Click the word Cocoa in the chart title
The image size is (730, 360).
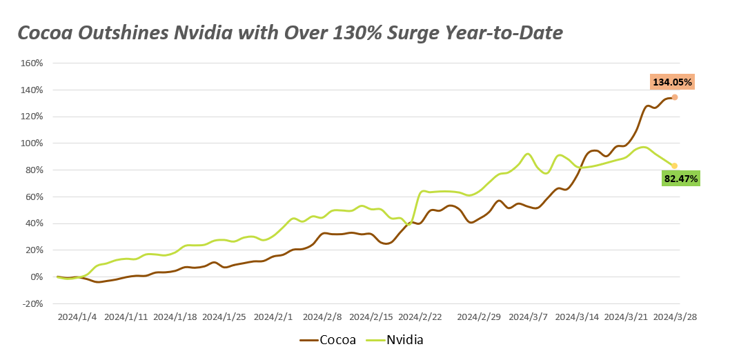click(x=44, y=32)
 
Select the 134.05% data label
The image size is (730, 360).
click(x=672, y=82)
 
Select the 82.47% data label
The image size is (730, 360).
click(x=680, y=179)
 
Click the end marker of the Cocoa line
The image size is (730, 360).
click(x=674, y=97)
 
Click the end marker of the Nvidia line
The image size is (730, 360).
click(x=674, y=166)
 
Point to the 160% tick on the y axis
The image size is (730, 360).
click(x=32, y=63)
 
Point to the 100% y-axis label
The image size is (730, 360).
click(x=32, y=143)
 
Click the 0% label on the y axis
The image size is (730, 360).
click(x=36, y=277)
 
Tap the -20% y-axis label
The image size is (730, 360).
click(x=32, y=303)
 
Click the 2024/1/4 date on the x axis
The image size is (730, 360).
click(x=77, y=317)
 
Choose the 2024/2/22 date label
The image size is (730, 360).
click(x=420, y=317)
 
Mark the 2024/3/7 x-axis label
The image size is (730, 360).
click(x=529, y=317)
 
